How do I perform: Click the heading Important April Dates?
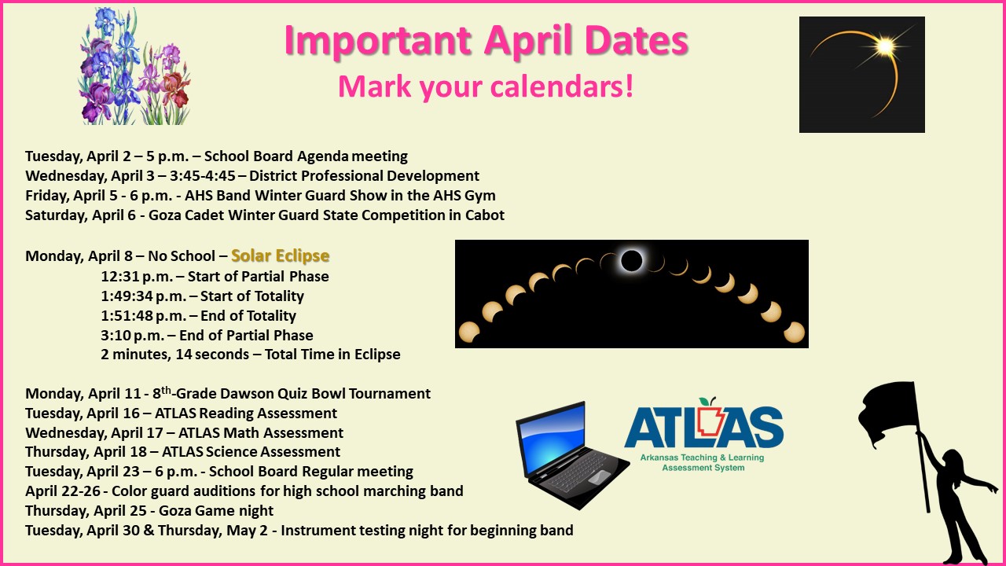(x=486, y=41)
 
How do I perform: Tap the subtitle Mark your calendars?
(x=486, y=86)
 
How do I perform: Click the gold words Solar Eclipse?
(x=280, y=256)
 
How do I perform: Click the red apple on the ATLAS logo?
(x=712, y=402)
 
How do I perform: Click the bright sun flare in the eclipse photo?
(x=886, y=47)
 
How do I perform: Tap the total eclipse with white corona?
(x=631, y=260)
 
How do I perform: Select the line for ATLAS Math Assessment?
(x=184, y=433)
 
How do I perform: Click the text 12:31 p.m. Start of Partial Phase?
(x=215, y=277)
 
